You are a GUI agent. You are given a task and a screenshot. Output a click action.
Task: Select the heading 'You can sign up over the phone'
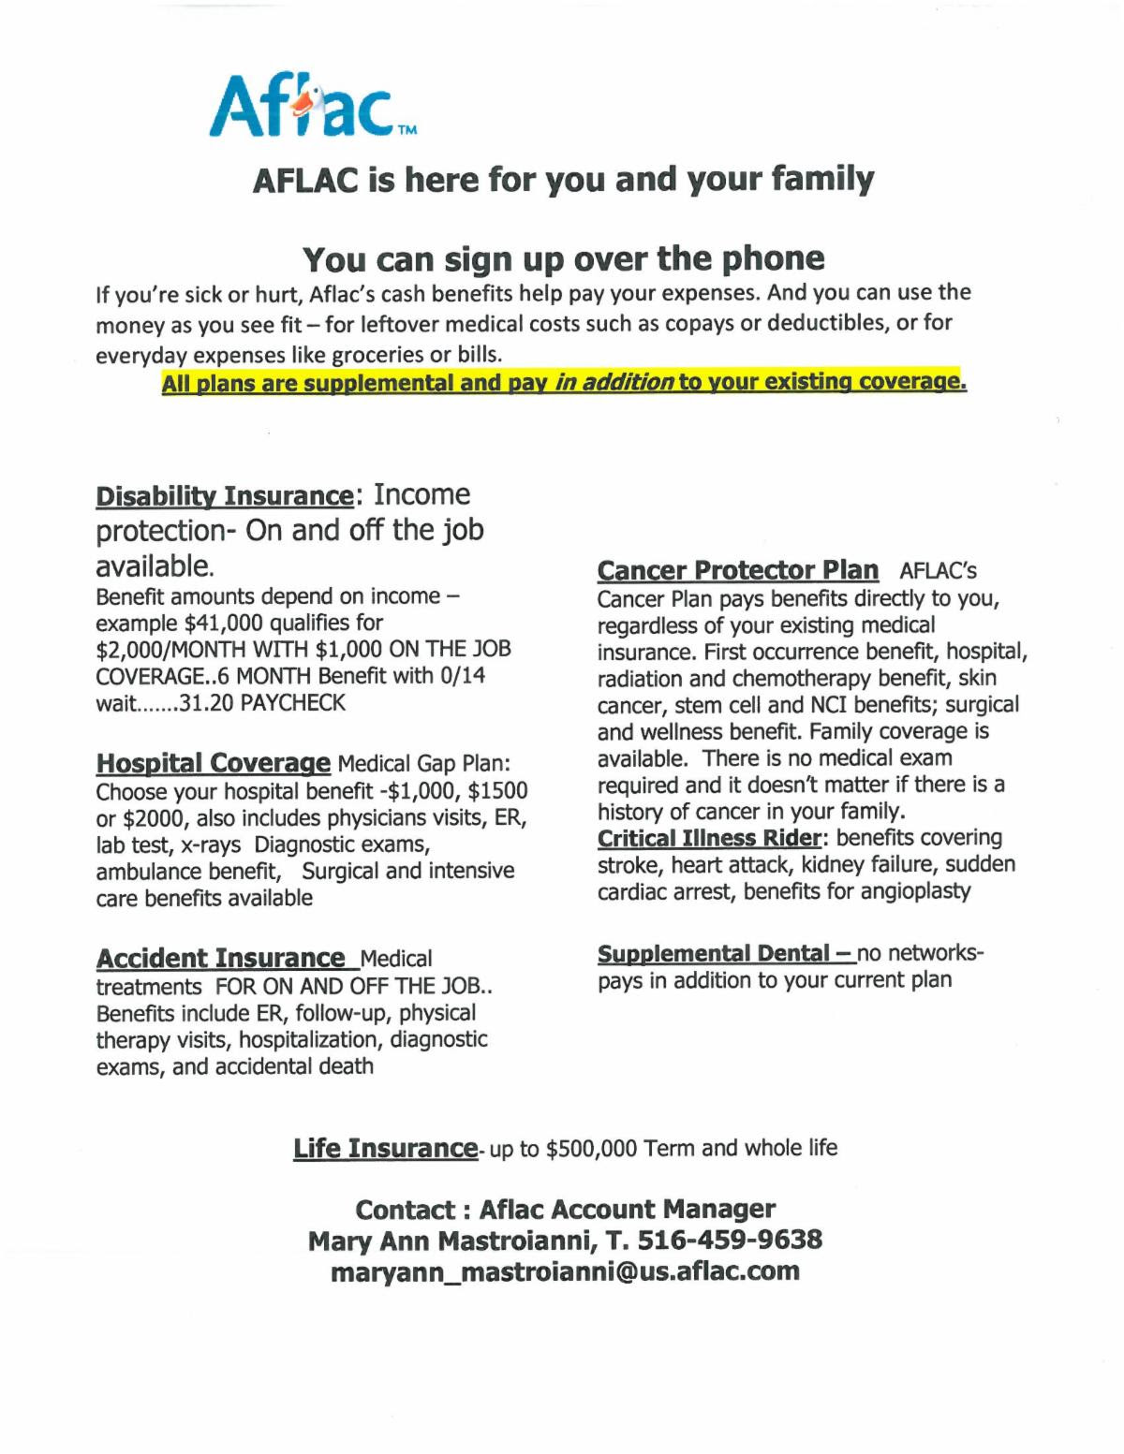click(x=564, y=258)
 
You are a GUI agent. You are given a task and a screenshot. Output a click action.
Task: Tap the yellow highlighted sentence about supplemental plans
click(x=563, y=383)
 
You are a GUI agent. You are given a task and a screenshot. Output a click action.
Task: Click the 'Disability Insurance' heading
click(x=223, y=496)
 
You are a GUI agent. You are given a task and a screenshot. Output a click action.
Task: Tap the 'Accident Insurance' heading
click(x=221, y=959)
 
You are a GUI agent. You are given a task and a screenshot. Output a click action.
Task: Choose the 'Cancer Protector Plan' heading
click(x=737, y=570)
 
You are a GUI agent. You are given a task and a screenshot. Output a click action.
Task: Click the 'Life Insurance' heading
click(x=385, y=1148)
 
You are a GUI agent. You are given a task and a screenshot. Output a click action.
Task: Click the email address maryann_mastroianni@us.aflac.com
click(x=566, y=1271)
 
